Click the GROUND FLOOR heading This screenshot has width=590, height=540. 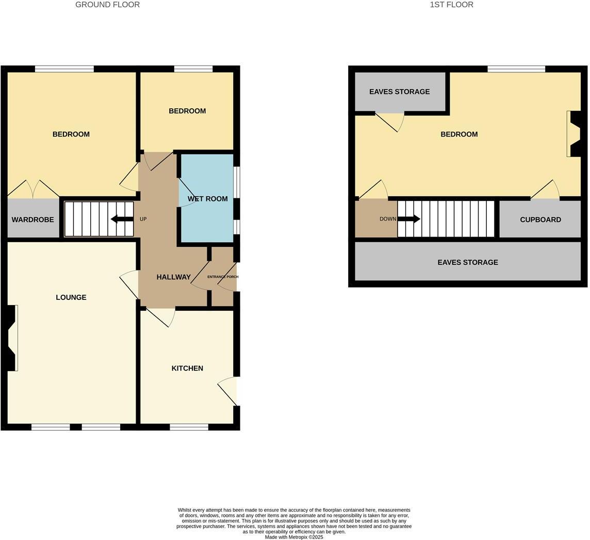pyautogui.click(x=107, y=5)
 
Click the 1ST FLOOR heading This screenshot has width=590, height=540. pyautogui.click(x=451, y=5)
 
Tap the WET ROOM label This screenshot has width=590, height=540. pyautogui.click(x=207, y=199)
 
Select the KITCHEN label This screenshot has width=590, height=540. pyautogui.click(x=187, y=368)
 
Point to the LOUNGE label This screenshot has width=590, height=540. pyautogui.click(x=71, y=297)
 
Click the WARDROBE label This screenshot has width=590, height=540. pyautogui.click(x=32, y=220)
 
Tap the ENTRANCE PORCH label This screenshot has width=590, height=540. pyautogui.click(x=223, y=277)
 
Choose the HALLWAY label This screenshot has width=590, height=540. pyautogui.click(x=173, y=277)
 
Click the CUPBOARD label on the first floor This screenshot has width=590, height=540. pyautogui.click(x=540, y=220)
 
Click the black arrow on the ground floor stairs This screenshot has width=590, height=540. pyautogui.click(x=122, y=219)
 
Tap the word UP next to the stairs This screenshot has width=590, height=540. pyautogui.click(x=143, y=219)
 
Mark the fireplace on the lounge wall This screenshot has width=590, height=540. pyautogui.click(x=12, y=338)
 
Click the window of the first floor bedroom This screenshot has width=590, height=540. pyautogui.click(x=516, y=69)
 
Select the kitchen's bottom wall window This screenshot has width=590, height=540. pyautogui.click(x=189, y=427)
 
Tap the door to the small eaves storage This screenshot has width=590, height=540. pyautogui.click(x=390, y=122)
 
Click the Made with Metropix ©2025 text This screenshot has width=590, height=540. pyautogui.click(x=294, y=537)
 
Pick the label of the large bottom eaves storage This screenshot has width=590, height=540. pyautogui.click(x=467, y=262)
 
